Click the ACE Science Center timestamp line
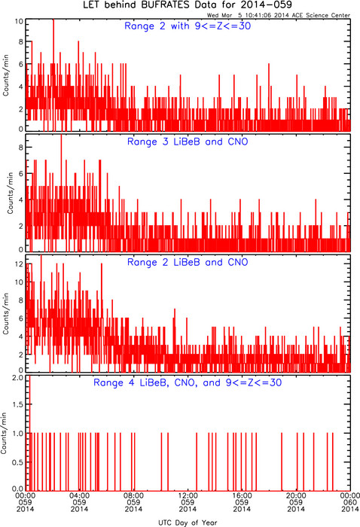[279, 15]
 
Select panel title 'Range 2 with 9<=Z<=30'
[188, 26]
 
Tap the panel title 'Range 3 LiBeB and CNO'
[188, 142]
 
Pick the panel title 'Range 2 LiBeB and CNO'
[188, 262]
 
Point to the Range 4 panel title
[188, 382]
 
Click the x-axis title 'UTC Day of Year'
[188, 522]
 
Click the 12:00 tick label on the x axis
[188, 502]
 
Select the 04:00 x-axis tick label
[79, 502]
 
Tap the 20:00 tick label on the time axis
[296, 502]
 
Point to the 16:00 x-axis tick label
[242, 502]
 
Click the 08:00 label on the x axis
[133, 502]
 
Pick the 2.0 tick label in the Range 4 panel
[18, 378]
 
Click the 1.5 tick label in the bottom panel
[18, 404]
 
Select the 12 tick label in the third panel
[19, 264]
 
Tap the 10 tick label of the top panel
[19, 21]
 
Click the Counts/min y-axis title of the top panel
[6, 75]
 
